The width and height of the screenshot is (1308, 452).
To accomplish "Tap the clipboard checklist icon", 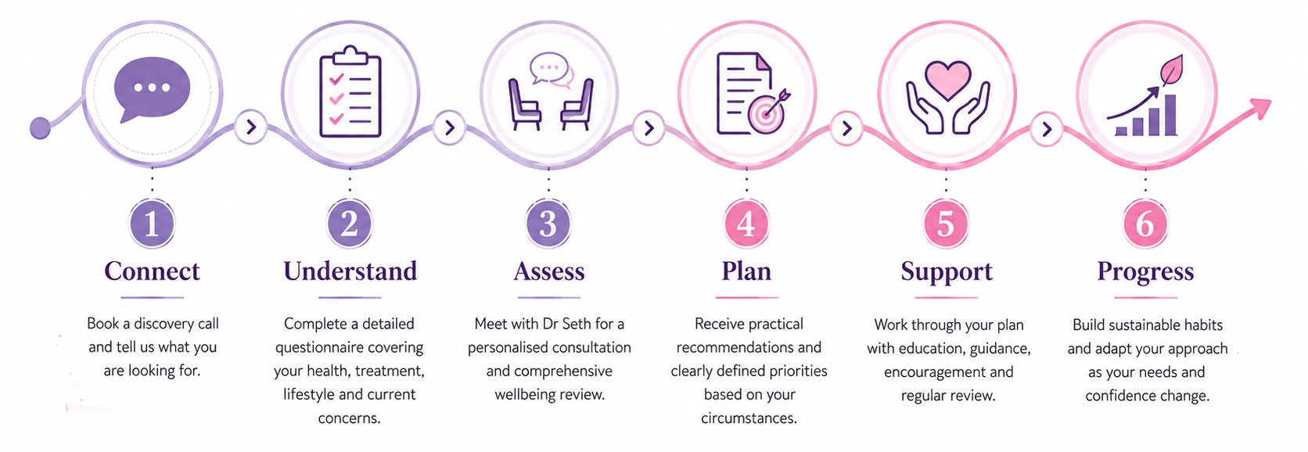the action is pyautogui.click(x=350, y=91).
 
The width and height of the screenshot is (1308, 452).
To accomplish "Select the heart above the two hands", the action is pyautogui.click(x=947, y=80).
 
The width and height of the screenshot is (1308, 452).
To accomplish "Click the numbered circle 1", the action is pyautogui.click(x=152, y=224).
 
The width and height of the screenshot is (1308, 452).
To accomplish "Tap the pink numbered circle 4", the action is pyautogui.click(x=746, y=224).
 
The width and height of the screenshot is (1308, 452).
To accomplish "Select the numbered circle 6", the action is pyautogui.click(x=1145, y=224).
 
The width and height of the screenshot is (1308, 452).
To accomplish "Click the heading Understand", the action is pyautogui.click(x=350, y=271).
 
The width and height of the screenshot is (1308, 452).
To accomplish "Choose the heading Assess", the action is pyautogui.click(x=549, y=271).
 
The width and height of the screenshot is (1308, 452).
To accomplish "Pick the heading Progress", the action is pyautogui.click(x=1145, y=272).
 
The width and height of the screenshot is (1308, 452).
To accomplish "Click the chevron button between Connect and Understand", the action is pyautogui.click(x=251, y=127).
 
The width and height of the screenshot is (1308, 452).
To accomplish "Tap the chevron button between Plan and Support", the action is pyautogui.click(x=846, y=128).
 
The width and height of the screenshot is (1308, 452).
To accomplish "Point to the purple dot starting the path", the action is pyautogui.click(x=40, y=128).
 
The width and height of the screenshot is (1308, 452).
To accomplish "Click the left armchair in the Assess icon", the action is pyautogui.click(x=524, y=104).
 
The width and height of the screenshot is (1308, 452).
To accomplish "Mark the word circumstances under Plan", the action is pyautogui.click(x=749, y=418).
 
